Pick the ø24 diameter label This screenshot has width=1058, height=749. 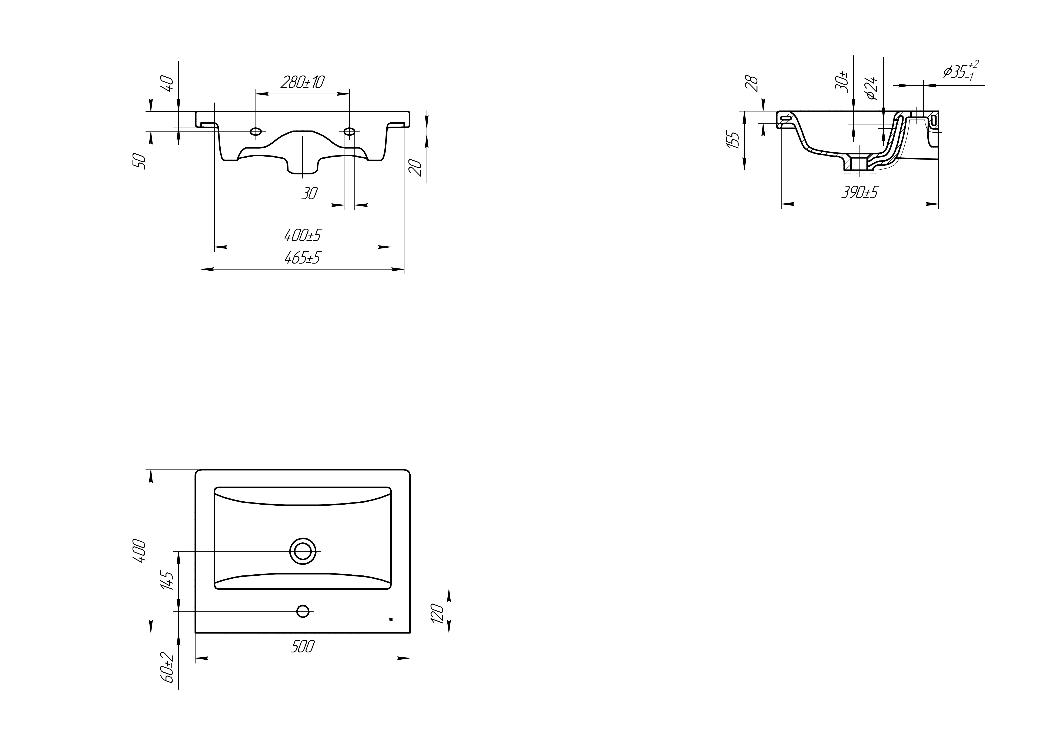pyautogui.click(x=871, y=88)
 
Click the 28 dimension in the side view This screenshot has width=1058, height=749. pyautogui.click(x=752, y=83)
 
